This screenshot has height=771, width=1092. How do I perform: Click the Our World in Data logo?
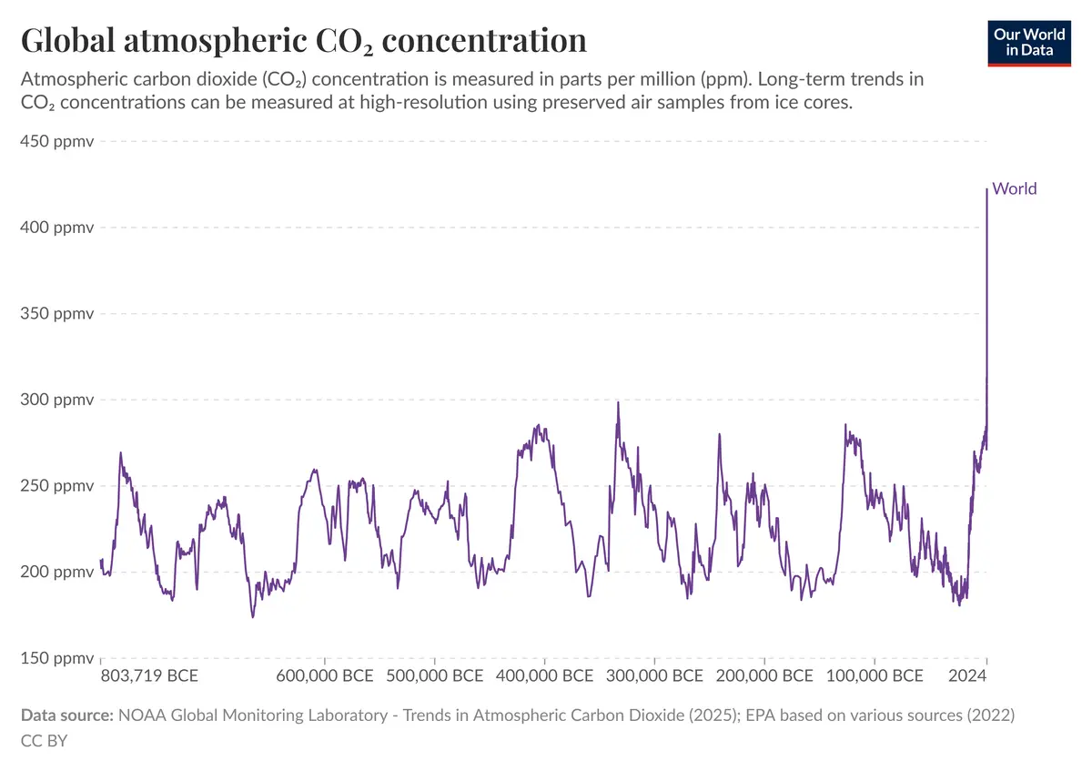point(1029,43)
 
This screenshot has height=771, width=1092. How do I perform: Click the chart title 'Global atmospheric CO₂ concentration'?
point(304,41)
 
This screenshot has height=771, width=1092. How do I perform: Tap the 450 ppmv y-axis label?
point(57,141)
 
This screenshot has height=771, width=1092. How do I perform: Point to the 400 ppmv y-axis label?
point(57,228)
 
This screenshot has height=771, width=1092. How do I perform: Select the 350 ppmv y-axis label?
point(57,313)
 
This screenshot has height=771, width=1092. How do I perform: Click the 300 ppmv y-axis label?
point(57,400)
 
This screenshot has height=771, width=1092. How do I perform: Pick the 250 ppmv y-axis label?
point(57,486)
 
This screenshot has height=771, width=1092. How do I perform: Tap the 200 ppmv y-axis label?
point(57,572)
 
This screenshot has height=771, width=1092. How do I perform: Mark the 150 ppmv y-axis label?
point(57,658)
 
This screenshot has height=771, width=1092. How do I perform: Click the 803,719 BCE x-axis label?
point(149,676)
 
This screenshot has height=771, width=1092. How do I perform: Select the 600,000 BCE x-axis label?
point(325,676)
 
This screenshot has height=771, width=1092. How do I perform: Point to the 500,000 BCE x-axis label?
point(435,676)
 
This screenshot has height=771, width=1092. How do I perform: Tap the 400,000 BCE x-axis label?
point(544,676)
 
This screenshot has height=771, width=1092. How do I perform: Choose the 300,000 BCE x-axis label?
point(654,676)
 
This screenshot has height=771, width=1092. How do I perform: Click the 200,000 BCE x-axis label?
point(764,676)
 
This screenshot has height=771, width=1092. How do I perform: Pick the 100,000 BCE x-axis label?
point(875,676)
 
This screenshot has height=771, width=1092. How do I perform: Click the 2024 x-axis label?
point(967,676)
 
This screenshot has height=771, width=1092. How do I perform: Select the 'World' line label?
point(1015,188)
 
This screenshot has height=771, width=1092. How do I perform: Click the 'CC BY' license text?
point(44,741)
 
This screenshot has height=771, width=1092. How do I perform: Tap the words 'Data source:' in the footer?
point(67,715)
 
